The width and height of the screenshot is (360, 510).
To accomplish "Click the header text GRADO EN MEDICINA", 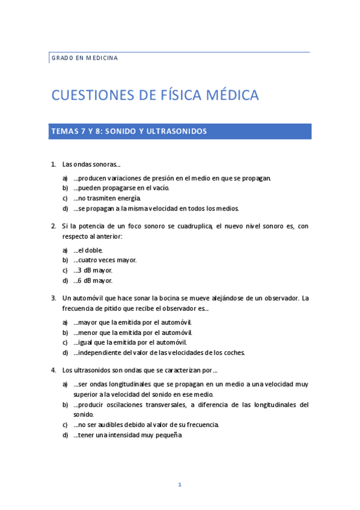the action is [84, 58].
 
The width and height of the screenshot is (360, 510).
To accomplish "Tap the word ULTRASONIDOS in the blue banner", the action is [178, 131].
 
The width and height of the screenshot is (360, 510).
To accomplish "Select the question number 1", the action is [53, 164].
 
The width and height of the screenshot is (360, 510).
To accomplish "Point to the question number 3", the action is [53, 298].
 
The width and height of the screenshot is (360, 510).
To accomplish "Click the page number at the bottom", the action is [180, 485].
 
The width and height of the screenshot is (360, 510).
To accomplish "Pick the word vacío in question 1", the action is [159, 188].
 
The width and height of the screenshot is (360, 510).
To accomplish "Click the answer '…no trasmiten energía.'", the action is [107, 198].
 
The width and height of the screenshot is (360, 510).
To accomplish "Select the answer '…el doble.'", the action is [88, 250].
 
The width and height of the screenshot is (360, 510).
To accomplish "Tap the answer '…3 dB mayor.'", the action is [93, 270].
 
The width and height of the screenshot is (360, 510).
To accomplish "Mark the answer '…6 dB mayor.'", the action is [93, 280].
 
